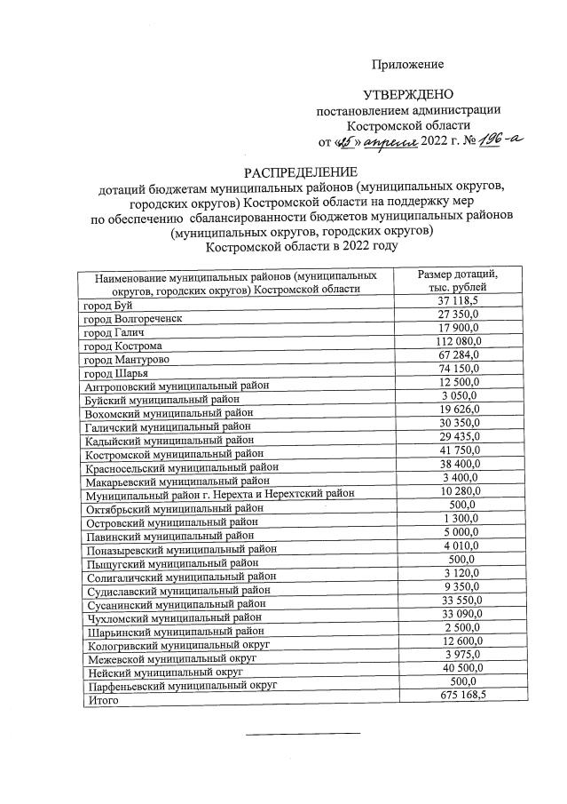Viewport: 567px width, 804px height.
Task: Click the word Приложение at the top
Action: [x=407, y=65]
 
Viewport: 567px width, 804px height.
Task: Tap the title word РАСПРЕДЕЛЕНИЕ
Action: [x=287, y=171]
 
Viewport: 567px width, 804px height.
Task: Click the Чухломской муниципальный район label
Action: [x=173, y=617]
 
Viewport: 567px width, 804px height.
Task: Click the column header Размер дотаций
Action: [x=458, y=275]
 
